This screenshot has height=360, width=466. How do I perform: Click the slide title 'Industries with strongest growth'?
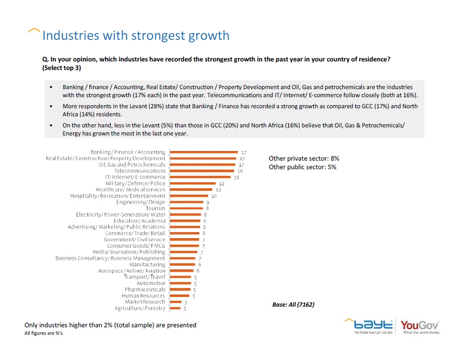click(x=136, y=36)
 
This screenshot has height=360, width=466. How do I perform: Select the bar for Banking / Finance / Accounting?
click(x=204, y=152)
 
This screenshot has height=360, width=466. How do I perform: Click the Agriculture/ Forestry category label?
click(x=139, y=308)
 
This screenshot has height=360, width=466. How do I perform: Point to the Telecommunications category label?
click(x=139, y=171)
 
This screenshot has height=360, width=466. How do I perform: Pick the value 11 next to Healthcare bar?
click(x=218, y=190)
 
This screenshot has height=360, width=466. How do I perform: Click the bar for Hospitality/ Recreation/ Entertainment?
click(x=189, y=196)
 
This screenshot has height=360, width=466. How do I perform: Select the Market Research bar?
click(x=175, y=302)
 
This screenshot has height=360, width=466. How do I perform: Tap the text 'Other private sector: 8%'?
click(x=303, y=159)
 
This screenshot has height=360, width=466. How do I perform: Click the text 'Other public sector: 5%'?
click(x=302, y=167)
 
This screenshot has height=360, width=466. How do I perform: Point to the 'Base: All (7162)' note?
click(x=293, y=305)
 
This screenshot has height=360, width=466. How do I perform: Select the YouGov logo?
click(x=420, y=326)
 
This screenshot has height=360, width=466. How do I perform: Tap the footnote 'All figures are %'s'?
click(x=43, y=333)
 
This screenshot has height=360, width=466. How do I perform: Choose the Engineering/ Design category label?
click(x=140, y=202)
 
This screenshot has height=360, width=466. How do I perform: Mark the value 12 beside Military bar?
click(x=221, y=183)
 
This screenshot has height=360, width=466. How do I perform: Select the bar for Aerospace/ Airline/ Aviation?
click(x=182, y=271)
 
